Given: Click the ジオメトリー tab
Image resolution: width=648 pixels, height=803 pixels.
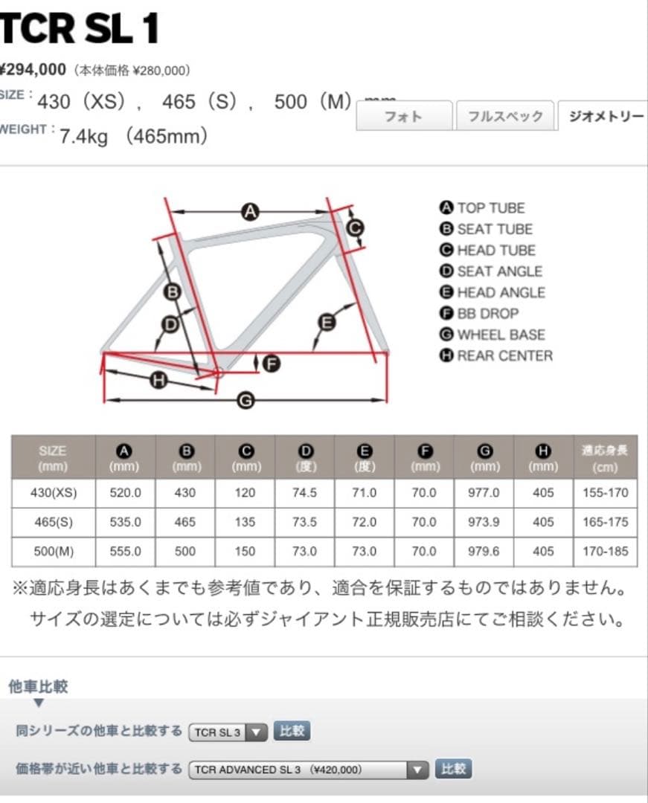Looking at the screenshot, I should pyautogui.click(x=604, y=116).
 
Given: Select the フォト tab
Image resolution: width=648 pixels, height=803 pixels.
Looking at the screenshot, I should pyautogui.click(x=403, y=116).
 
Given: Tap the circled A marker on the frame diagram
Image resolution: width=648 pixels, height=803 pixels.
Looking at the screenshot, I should pyautogui.click(x=250, y=212).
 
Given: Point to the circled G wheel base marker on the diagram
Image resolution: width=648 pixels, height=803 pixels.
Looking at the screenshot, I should pyautogui.click(x=246, y=401).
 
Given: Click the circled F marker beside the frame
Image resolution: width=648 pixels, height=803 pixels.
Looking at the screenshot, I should pyautogui.click(x=272, y=364).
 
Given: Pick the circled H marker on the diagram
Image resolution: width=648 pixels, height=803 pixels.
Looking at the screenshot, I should pyautogui.click(x=158, y=381).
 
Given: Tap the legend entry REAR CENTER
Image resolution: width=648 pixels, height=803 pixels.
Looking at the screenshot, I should pyautogui.click(x=504, y=355).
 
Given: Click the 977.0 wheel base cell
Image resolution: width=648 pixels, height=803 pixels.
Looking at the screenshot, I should pyautogui.click(x=484, y=493).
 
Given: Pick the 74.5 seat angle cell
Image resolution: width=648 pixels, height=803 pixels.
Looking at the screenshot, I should pyautogui.click(x=304, y=493).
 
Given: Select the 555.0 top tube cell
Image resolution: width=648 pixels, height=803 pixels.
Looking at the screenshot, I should pyautogui.click(x=125, y=552).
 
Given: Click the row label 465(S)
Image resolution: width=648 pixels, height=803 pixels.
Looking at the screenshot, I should pyautogui.click(x=54, y=522).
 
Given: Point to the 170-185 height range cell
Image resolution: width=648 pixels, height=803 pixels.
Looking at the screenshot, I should pyautogui.click(x=606, y=552).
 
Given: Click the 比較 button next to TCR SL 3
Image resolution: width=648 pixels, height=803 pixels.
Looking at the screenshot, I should pyautogui.click(x=292, y=731).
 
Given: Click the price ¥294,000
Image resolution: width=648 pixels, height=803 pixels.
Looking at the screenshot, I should pyautogui.click(x=33, y=70).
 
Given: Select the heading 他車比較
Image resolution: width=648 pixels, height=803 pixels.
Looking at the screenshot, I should pyautogui.click(x=39, y=686).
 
